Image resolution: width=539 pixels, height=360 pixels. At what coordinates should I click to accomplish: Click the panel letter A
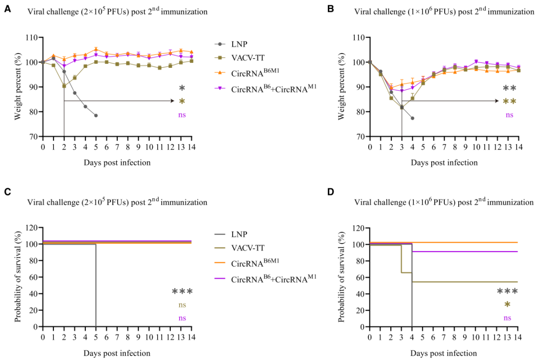click(7, 9)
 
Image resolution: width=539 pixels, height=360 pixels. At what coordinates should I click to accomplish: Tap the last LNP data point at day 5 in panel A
click(96, 115)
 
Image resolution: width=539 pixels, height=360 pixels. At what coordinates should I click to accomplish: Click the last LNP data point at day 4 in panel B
click(412, 118)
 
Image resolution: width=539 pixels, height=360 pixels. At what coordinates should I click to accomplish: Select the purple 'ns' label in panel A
click(182, 115)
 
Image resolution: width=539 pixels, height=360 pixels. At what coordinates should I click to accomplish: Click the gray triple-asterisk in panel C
click(182, 292)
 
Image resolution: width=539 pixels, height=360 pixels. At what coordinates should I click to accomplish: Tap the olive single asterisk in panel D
click(508, 305)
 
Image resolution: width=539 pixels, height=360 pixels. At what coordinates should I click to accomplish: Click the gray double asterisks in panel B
click(509, 89)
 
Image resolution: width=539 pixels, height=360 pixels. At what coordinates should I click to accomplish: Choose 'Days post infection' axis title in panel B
click(444, 162)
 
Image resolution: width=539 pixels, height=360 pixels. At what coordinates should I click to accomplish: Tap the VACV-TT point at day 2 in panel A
click(64, 86)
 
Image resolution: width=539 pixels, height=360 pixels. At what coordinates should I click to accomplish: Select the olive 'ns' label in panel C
click(182, 305)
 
